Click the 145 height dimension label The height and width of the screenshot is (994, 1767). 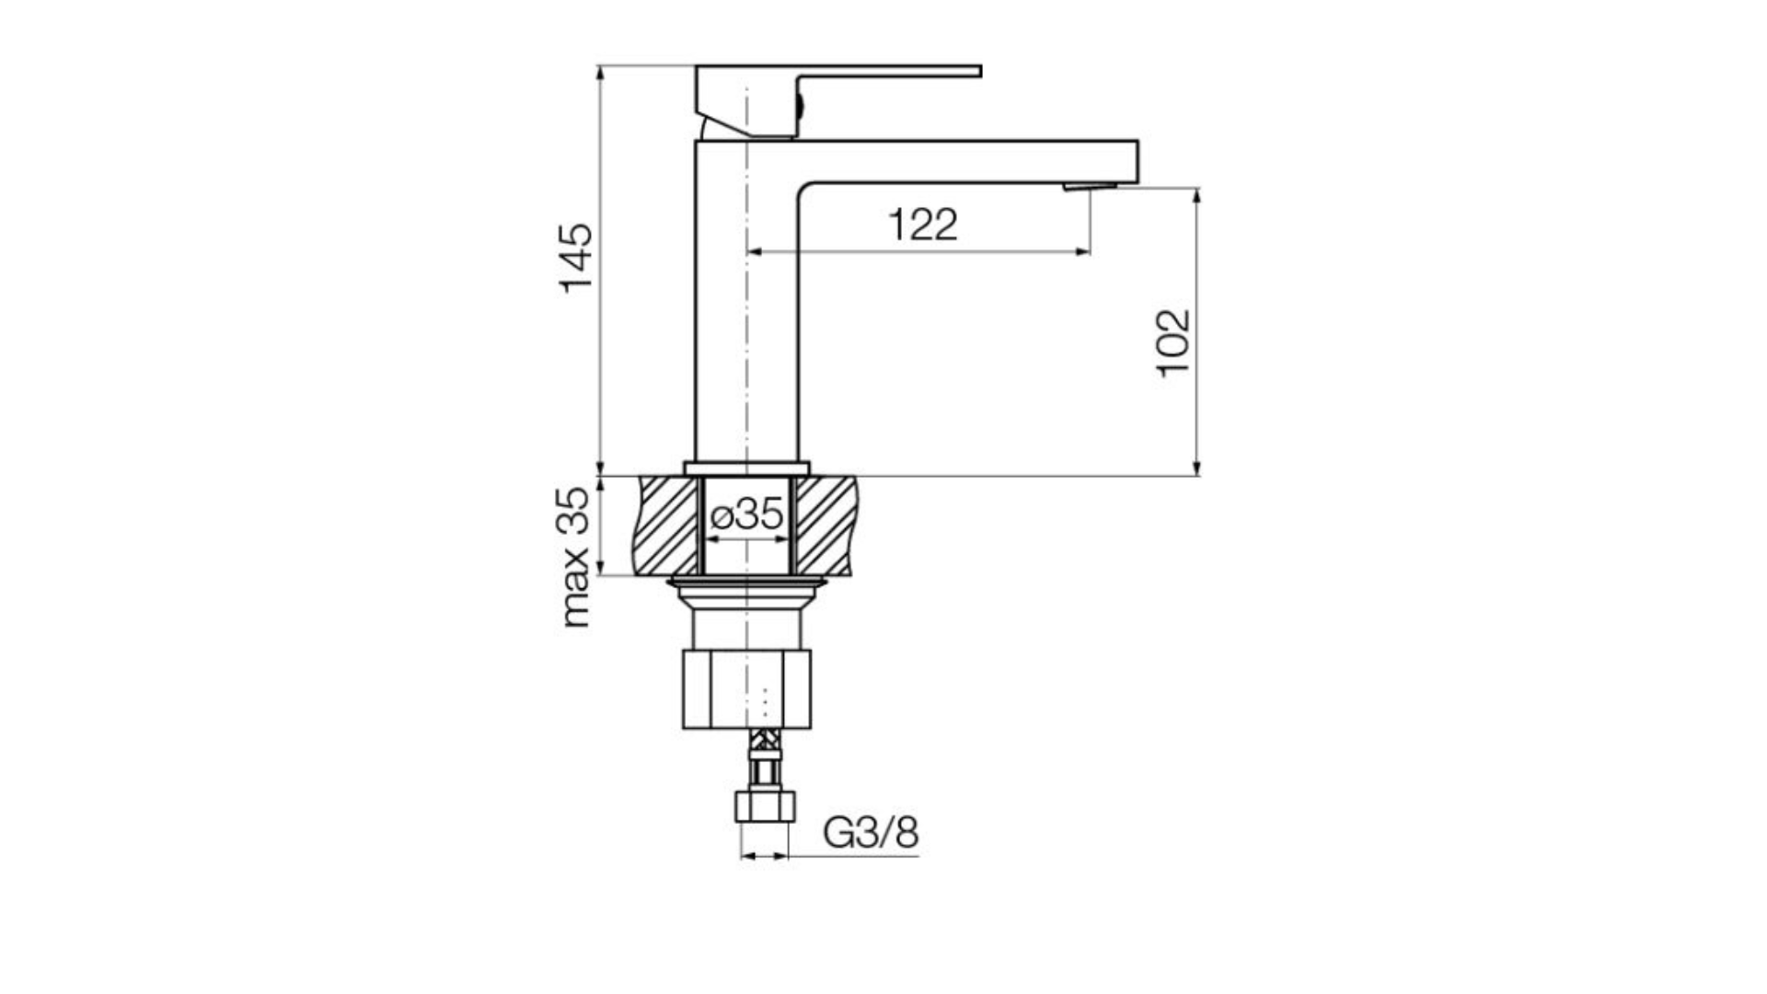[x=577, y=258]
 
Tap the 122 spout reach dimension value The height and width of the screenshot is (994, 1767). [x=922, y=225]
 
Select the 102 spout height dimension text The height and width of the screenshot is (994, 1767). [x=1173, y=342]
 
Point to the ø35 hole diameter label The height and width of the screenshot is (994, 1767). [x=746, y=514]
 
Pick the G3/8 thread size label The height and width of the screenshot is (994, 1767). [x=871, y=833]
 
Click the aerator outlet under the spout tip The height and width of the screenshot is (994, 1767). [x=1090, y=187]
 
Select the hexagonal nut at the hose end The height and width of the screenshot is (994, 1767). [x=765, y=805]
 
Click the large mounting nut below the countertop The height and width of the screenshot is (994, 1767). [x=746, y=689]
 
